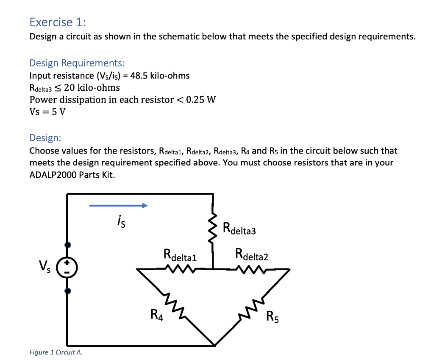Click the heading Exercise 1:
58,22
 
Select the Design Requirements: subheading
77,63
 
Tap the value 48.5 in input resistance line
139,75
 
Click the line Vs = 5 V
47,112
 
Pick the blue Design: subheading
45,138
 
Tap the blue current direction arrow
118,206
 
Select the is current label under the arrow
120,221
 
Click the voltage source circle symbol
67,268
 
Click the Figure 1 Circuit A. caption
56,352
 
